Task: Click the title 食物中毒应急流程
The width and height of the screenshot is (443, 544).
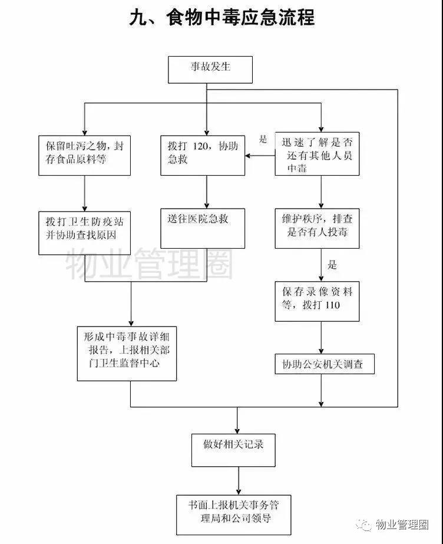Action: point(221,18)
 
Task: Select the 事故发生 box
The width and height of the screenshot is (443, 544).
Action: point(210,70)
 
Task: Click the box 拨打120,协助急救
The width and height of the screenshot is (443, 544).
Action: point(203,155)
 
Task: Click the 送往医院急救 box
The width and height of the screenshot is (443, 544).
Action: point(203,227)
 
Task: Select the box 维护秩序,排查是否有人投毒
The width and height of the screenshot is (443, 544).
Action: point(317,227)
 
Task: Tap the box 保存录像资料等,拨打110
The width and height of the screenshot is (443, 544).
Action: point(317,301)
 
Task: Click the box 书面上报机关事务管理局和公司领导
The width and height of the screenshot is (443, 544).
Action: point(235,512)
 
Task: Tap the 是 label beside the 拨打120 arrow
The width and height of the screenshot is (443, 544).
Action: point(263,140)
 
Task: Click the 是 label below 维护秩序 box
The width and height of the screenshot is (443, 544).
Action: point(332,265)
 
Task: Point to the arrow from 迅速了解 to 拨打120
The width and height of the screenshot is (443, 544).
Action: point(260,156)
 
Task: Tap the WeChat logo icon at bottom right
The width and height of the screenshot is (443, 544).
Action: point(366,523)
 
